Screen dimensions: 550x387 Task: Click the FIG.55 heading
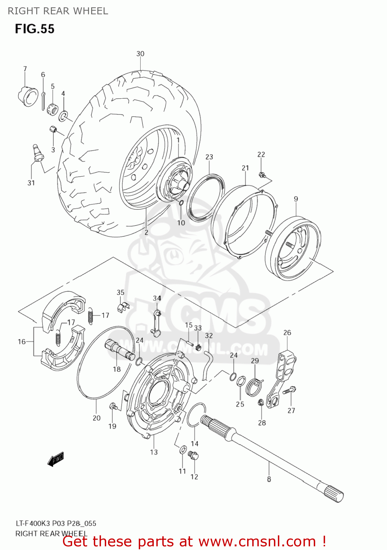[x=34, y=29]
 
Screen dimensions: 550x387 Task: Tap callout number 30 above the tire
[x=140, y=54]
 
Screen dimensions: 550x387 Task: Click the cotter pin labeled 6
[x=43, y=100]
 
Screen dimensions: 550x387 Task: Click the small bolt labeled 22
[x=261, y=175]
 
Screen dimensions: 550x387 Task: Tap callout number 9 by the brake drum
[x=296, y=199]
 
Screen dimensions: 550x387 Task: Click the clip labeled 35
[x=123, y=306]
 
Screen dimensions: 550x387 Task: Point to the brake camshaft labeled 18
[x=119, y=350]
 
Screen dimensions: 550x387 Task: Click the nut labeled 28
[x=261, y=403]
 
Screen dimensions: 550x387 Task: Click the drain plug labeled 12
[x=193, y=455]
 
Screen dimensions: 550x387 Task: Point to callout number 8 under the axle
[x=269, y=479]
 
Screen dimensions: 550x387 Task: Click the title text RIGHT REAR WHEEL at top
[x=58, y=11]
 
